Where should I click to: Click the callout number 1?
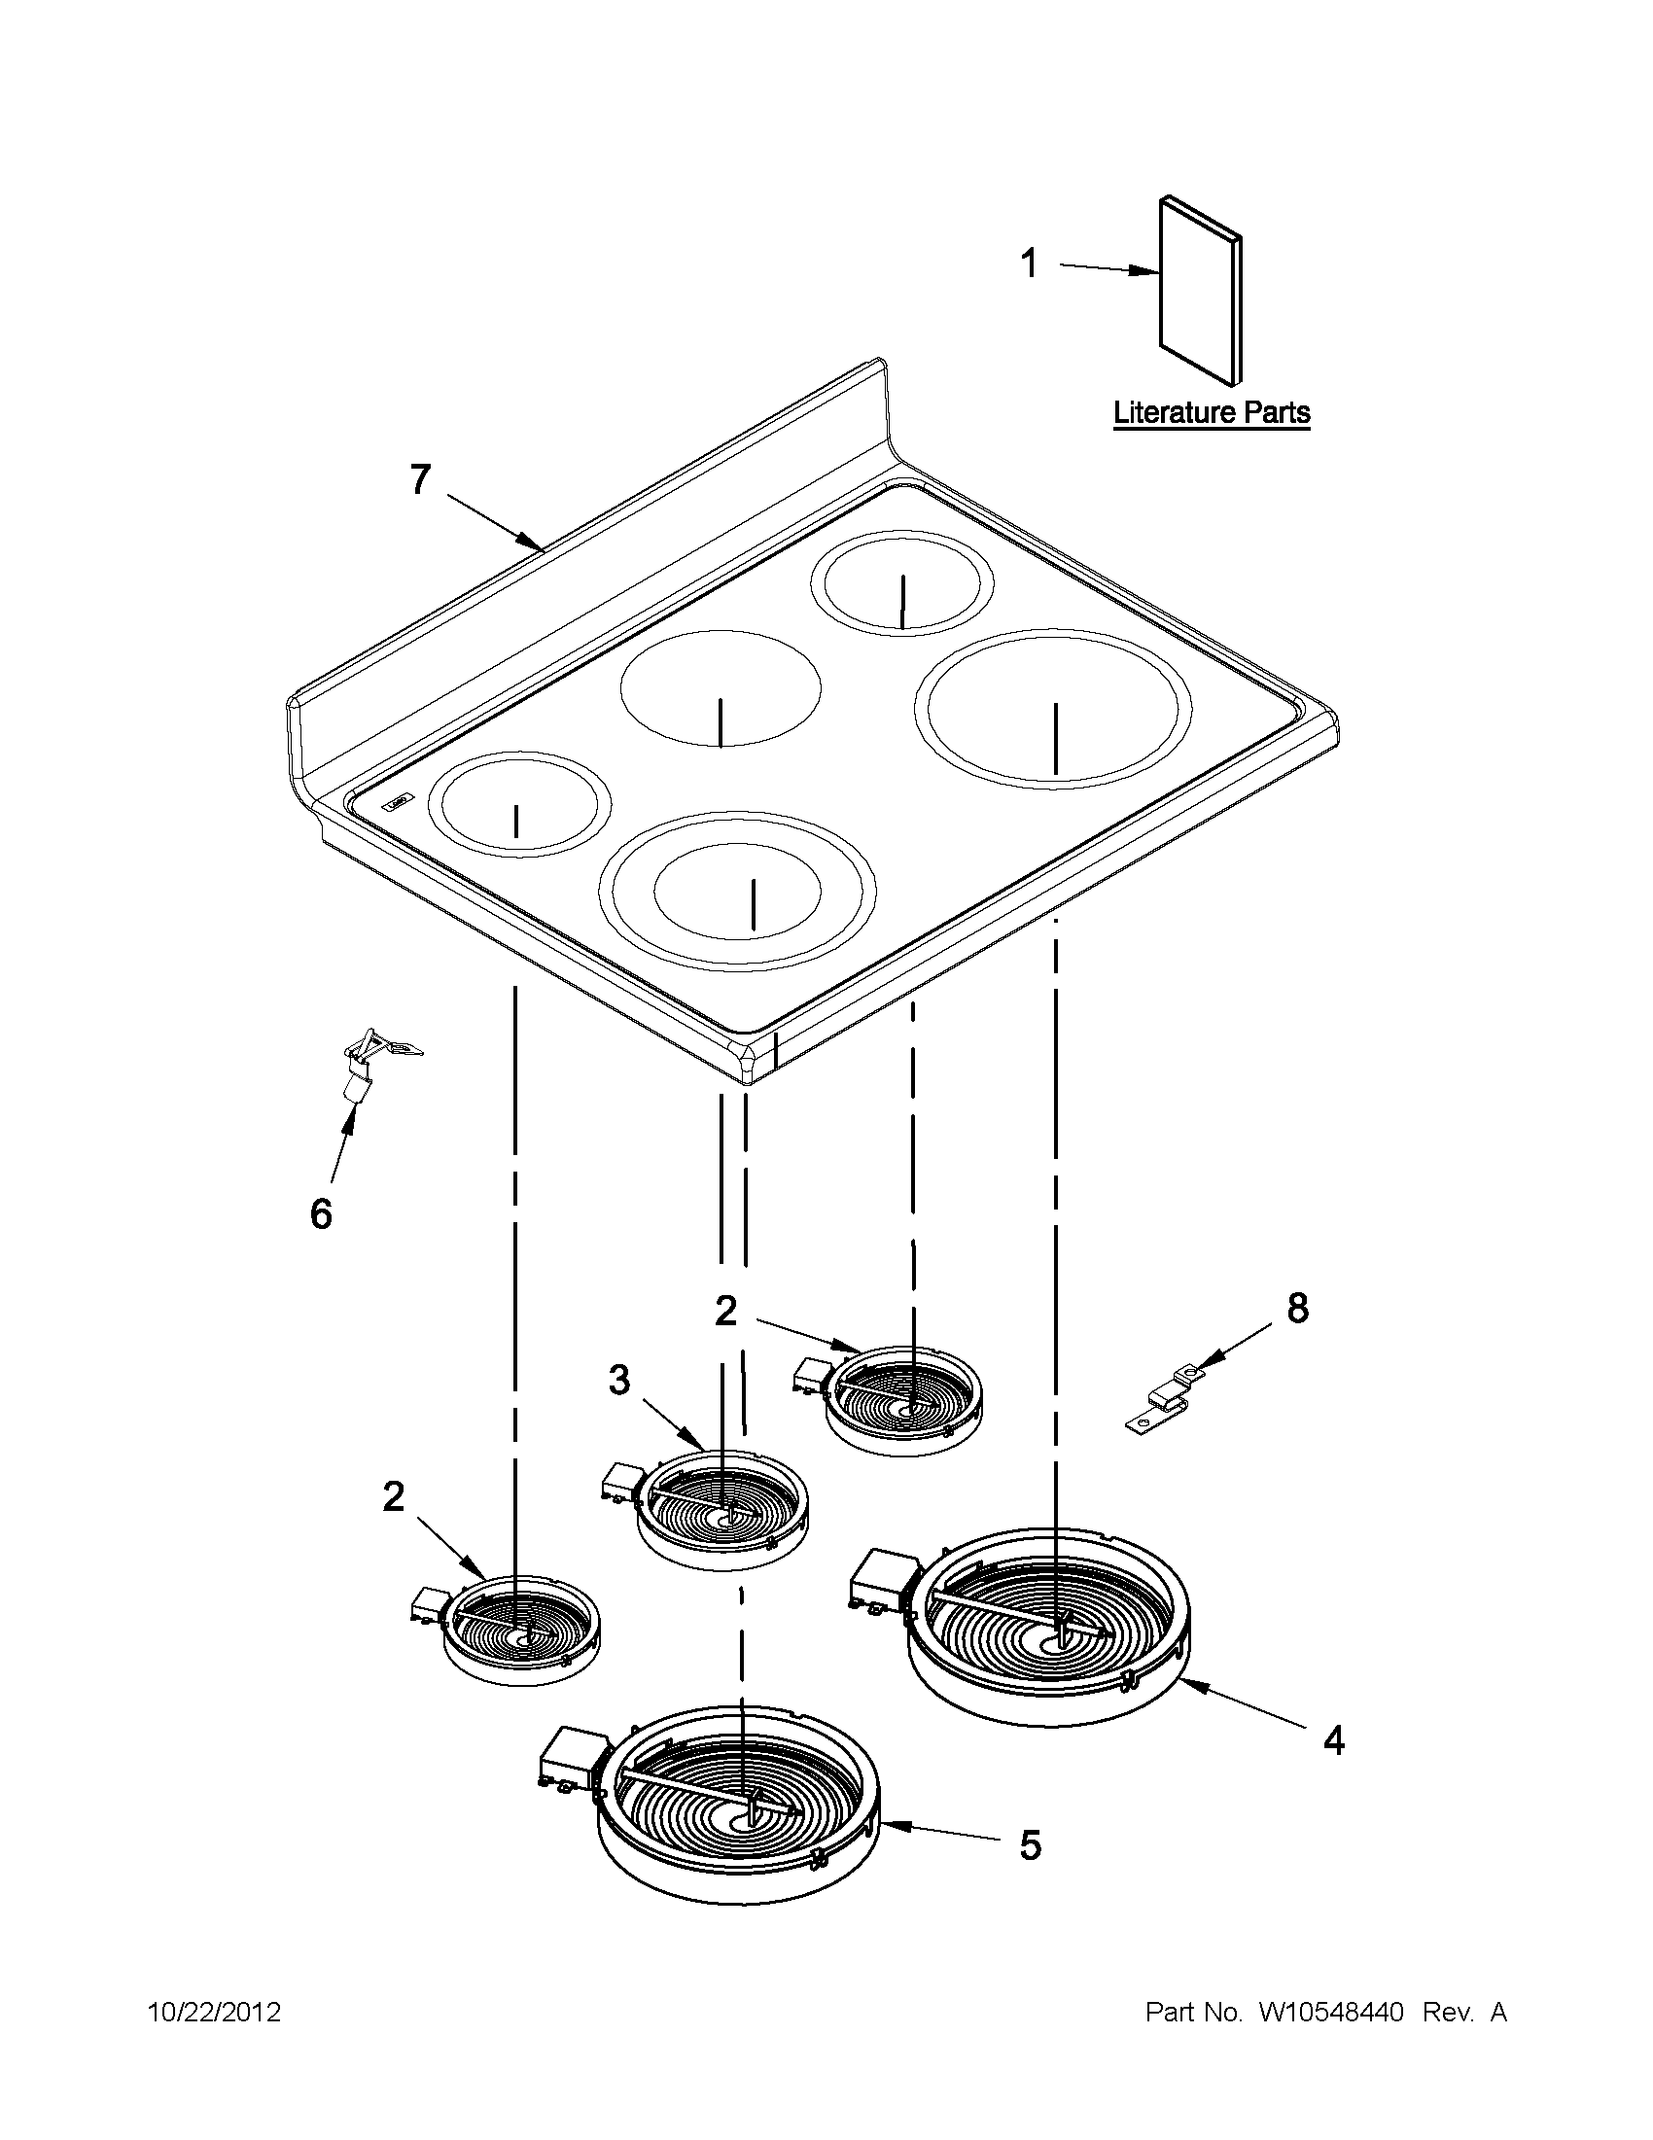(x=1029, y=263)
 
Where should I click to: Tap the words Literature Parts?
(x=1212, y=412)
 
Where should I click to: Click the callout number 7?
(x=419, y=480)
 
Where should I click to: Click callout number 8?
(x=1297, y=1308)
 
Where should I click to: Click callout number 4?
(x=1332, y=1740)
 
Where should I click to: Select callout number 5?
(x=1030, y=1845)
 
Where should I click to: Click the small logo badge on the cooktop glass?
(x=399, y=801)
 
